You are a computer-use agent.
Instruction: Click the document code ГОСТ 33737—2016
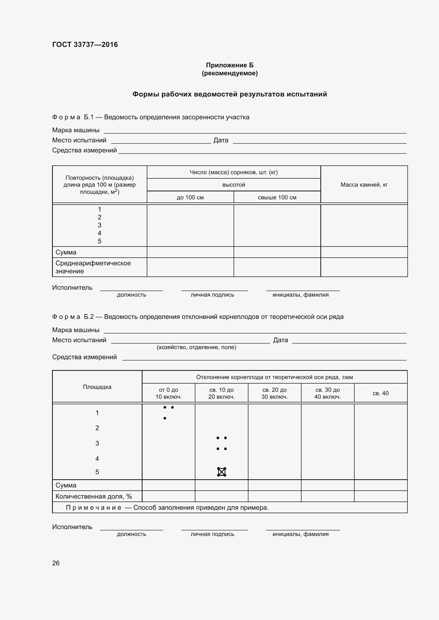pos(85,45)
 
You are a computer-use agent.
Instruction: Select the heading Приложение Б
pos(230,65)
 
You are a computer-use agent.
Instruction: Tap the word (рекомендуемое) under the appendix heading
pos(230,73)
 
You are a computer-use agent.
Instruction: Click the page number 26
pos(56,563)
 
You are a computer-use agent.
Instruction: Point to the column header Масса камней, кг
pos(364,185)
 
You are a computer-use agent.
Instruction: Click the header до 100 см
pos(190,197)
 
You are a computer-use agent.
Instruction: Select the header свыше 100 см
pos(277,197)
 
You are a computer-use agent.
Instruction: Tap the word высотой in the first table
pos(234,185)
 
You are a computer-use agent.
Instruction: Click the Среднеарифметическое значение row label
pos(93,267)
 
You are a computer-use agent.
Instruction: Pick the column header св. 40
pos(380,393)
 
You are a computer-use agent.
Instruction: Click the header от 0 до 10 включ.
pos(169,393)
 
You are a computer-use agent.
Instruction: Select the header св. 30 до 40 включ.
pos(327,393)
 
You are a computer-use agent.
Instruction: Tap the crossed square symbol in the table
pos(221,472)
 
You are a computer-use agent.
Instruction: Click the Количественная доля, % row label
pos(93,496)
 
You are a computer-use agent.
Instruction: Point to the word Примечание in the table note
pos(93,507)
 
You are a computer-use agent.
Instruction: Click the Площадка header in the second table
pos(97,387)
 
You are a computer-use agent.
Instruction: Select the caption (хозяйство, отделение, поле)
pos(196,347)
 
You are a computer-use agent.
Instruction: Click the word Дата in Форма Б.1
pos(221,140)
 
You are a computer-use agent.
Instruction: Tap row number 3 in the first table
pos(100,225)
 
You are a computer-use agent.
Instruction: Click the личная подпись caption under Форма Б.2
pos(212,534)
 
